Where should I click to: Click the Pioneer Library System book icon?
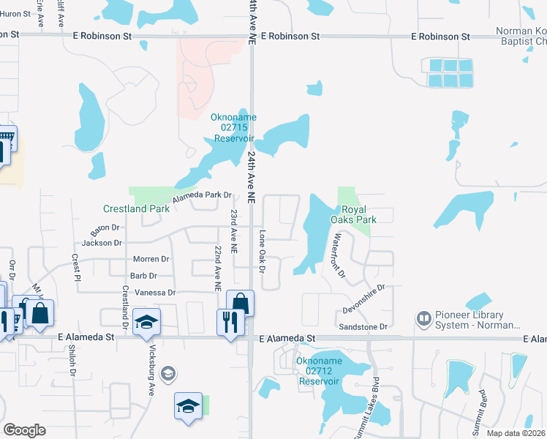click(423, 319)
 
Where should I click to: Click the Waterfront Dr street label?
click(338, 255)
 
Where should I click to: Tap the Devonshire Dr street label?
click(363, 299)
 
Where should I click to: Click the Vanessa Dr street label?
click(151, 293)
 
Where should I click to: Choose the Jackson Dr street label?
click(102, 243)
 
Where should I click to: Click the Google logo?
click(25, 430)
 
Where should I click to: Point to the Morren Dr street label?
click(151, 259)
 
